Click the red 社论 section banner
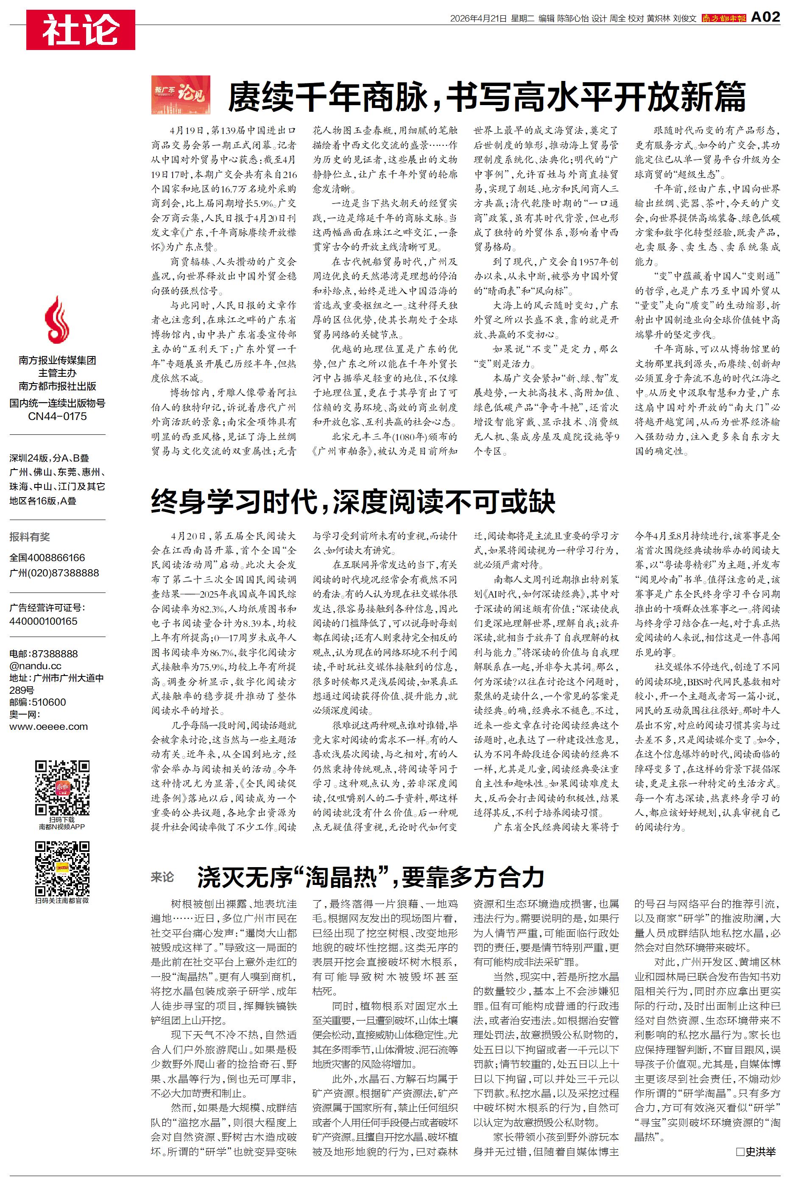click(81, 30)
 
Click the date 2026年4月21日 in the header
click(477, 19)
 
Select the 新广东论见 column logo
click(180, 95)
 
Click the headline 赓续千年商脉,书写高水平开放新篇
click(486, 97)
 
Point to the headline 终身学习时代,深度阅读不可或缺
click(353, 501)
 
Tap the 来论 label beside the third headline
click(162, 877)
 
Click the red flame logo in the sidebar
click(57, 320)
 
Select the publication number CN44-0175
click(57, 416)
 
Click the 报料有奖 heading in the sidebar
click(29, 537)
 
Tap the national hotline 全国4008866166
click(47, 558)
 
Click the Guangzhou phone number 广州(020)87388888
click(54, 573)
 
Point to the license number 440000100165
click(43, 621)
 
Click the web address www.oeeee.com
click(48, 726)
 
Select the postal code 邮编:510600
click(37, 702)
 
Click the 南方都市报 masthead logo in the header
click(723, 19)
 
